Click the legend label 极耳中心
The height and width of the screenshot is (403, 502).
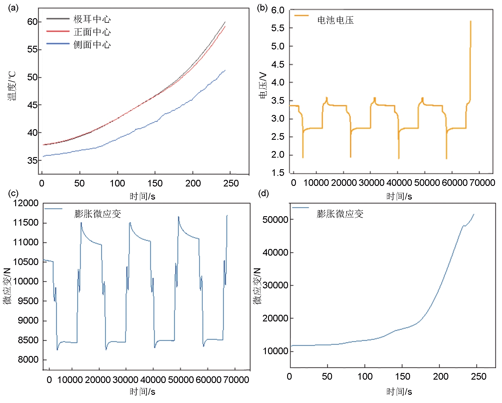coord(92,19)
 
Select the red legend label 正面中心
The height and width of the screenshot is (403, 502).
coord(92,32)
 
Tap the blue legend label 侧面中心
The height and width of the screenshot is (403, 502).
coord(92,45)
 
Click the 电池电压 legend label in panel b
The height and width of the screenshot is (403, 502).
coord(335,20)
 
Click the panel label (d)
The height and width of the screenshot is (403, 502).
coord(263,193)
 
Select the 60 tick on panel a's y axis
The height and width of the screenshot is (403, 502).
coord(32,22)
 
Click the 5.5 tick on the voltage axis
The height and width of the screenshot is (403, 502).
coord(278,28)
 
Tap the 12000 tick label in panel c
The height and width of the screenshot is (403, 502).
coord(26,203)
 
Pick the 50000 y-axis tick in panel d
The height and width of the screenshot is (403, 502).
coord(275,220)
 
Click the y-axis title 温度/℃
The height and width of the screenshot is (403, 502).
coord(12,86)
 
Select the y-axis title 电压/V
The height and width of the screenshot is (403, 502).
coord(263,86)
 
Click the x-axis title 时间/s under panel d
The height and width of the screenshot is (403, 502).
coord(399,392)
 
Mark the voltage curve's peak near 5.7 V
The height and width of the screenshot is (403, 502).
coord(470,21)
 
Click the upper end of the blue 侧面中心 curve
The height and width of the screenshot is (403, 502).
coord(225,70)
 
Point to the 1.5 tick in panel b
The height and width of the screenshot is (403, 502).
coord(278,173)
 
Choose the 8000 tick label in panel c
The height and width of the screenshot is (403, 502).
coord(28,360)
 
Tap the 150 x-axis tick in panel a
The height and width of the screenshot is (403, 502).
coord(155,183)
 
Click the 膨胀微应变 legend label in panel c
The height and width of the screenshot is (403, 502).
coord(97,214)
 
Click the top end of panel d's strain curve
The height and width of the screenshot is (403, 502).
coord(474,214)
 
